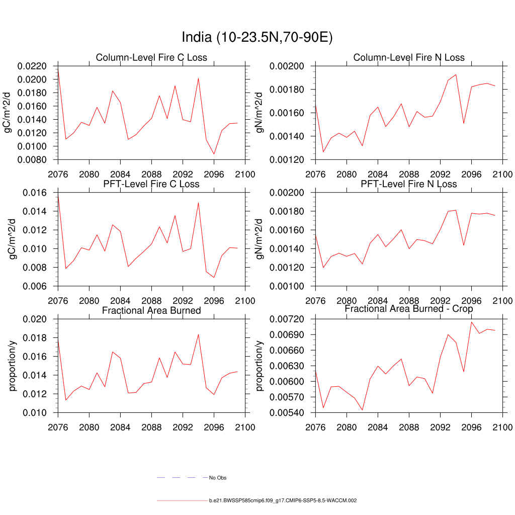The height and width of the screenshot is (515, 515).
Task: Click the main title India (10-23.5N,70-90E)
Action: point(257,38)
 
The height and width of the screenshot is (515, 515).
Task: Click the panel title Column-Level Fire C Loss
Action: point(151,58)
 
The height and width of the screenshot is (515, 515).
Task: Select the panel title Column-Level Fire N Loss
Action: point(409,58)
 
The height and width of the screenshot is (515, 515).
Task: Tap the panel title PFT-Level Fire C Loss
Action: point(151,184)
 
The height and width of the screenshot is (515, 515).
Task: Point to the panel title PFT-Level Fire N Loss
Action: point(409,184)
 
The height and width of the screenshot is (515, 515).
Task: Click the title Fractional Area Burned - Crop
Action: point(409,309)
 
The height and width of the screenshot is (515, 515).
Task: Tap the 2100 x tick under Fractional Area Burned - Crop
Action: point(502,427)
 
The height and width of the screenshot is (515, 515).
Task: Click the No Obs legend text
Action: point(218,478)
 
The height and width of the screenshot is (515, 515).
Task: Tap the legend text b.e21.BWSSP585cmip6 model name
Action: point(283,501)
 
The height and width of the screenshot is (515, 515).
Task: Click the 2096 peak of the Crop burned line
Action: point(471,322)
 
